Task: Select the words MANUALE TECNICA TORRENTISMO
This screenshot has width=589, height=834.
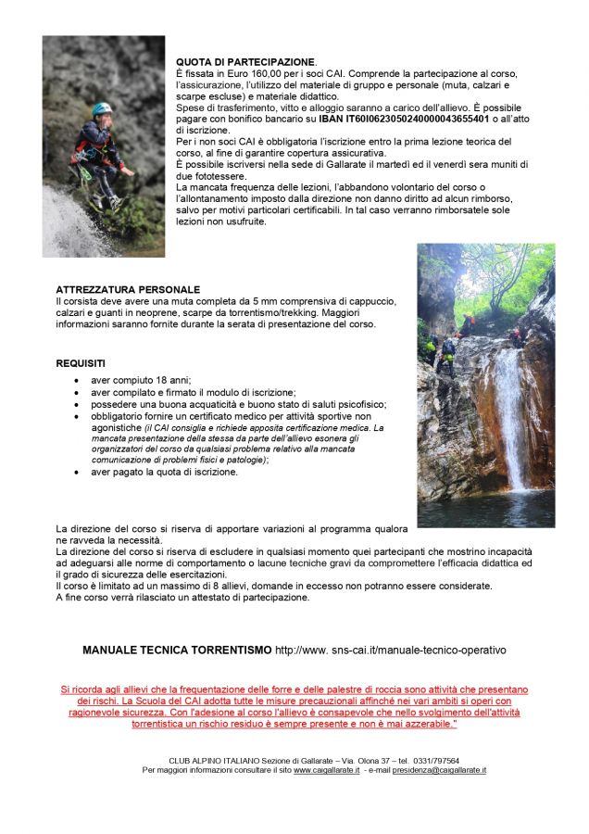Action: click(177, 651)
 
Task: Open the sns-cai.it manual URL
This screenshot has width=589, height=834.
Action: click(391, 651)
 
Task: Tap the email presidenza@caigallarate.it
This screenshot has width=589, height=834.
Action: click(439, 770)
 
